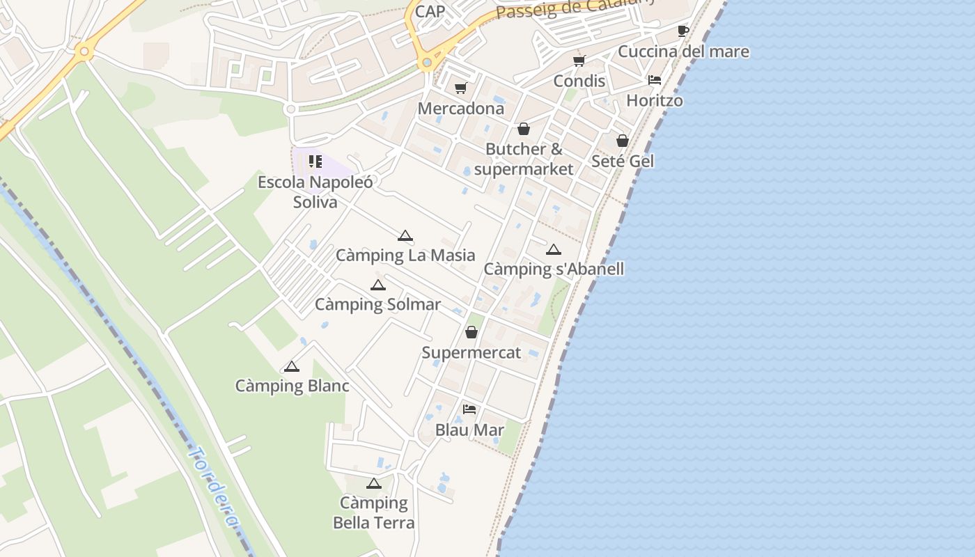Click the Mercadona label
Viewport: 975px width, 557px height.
(x=460, y=109)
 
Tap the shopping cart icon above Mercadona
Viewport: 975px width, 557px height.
(x=460, y=88)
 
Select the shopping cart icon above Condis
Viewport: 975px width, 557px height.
(x=579, y=61)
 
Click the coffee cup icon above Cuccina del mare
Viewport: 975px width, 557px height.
(x=682, y=31)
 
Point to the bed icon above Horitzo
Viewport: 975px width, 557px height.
(x=654, y=80)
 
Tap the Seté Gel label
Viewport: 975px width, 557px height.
(x=622, y=161)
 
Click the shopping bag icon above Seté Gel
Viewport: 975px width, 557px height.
(x=623, y=141)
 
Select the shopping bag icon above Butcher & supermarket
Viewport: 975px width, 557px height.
(x=523, y=130)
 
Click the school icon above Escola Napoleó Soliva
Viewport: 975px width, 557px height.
(x=315, y=162)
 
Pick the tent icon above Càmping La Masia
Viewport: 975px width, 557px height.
(x=405, y=236)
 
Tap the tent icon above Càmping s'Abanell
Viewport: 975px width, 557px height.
(x=554, y=249)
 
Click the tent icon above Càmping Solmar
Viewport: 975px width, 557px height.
(x=377, y=285)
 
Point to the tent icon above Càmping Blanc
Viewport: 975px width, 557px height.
(x=292, y=366)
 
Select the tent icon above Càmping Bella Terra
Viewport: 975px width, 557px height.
(x=374, y=483)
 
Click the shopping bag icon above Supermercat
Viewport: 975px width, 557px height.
(x=471, y=333)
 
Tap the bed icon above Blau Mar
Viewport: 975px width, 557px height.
(x=469, y=409)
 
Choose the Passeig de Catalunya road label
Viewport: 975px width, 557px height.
(x=575, y=8)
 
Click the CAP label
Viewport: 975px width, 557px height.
(x=430, y=12)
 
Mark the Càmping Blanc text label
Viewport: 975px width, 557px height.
(x=292, y=386)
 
